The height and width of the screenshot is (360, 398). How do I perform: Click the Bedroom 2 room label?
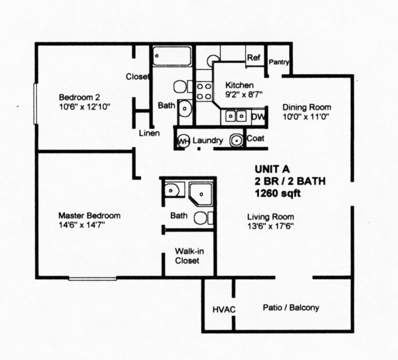point(79,97)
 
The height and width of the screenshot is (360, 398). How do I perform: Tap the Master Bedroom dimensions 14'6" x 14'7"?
point(82,224)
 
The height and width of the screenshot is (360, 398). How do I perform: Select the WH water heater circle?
point(183,141)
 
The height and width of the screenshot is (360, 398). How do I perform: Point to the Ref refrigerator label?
point(253,58)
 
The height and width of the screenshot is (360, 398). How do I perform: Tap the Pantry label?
point(279,62)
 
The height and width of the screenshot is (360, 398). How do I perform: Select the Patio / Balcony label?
point(291,308)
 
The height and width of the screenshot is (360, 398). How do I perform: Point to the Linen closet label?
point(149,133)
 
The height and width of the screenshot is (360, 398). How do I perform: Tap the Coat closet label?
point(255,139)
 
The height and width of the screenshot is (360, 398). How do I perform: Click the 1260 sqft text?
point(278,194)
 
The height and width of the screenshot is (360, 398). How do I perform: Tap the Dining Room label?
point(307,107)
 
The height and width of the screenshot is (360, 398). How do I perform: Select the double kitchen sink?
point(236,116)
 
